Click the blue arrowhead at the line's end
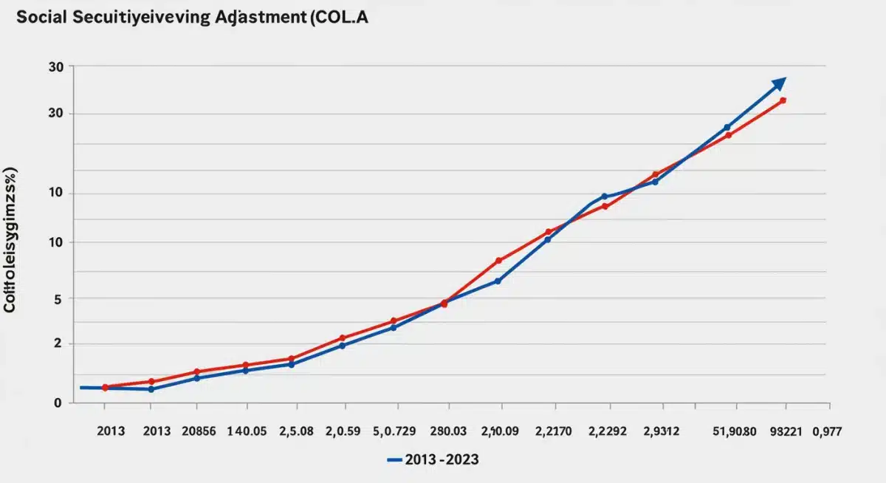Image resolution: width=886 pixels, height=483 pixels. [x=778, y=83]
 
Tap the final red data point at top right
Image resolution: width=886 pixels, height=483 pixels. [x=783, y=100]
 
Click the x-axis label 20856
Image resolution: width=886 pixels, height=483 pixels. [x=198, y=431]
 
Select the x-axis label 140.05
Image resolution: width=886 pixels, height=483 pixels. [x=247, y=431]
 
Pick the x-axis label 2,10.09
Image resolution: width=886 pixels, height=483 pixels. [x=500, y=431]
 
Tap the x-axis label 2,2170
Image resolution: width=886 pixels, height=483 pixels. [x=554, y=431]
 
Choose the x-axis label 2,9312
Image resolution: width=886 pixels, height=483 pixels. [x=662, y=431]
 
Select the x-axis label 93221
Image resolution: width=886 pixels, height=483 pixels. [x=785, y=431]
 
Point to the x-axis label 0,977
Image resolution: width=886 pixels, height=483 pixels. [x=826, y=431]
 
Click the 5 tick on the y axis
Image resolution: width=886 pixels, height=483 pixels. [x=58, y=298]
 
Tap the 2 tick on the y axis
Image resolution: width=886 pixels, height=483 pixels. [x=58, y=344]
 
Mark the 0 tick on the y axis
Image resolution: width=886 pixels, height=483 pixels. [x=58, y=403]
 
